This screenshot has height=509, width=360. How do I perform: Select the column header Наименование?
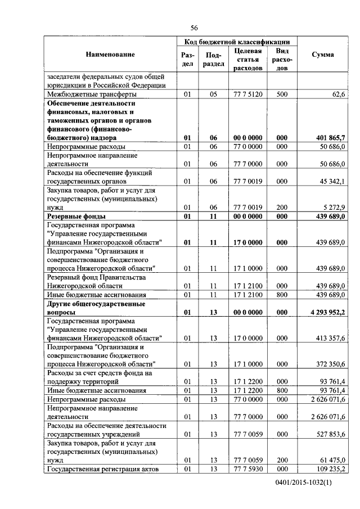[110, 55]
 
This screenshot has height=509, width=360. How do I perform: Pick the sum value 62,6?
[338, 94]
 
